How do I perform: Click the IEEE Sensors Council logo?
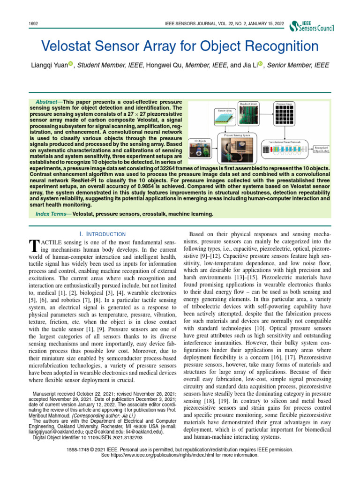click(x=312, y=27)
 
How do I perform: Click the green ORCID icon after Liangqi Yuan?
click(x=71, y=65)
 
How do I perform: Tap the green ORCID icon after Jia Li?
click(x=260, y=65)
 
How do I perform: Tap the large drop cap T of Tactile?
click(x=33, y=246)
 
